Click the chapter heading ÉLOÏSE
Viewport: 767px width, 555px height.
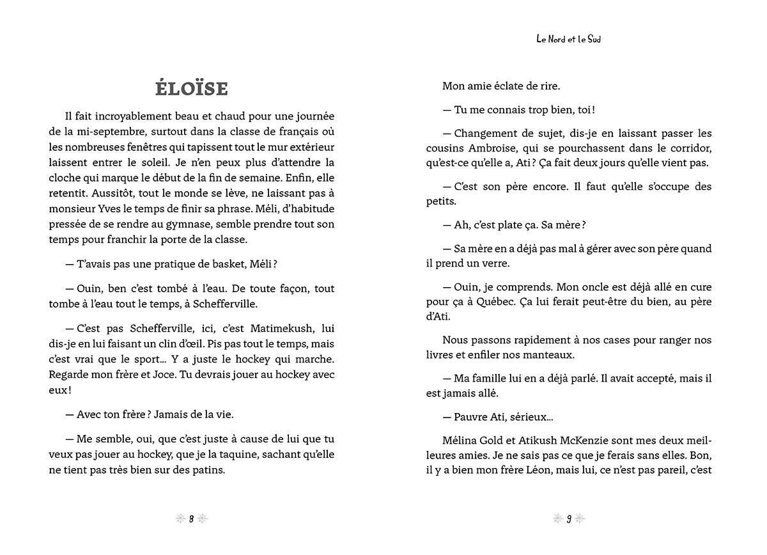click(191, 88)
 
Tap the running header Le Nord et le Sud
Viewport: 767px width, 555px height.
click(568, 39)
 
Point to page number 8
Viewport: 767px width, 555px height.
click(191, 519)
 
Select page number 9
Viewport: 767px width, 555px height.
click(568, 519)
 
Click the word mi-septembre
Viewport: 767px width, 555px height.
click(102, 132)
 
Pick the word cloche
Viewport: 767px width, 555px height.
click(65, 178)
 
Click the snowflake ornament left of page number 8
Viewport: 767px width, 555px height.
click(180, 519)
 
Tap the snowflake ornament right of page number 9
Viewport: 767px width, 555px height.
click(580, 519)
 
